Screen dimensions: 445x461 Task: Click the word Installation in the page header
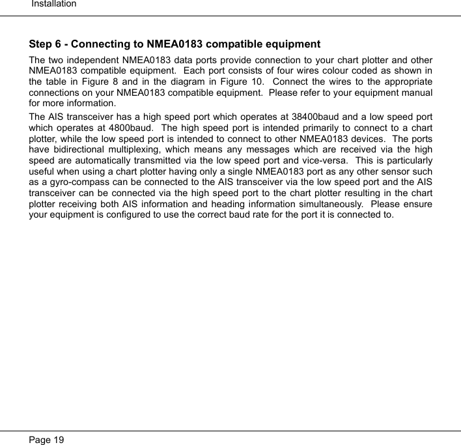(54, 4)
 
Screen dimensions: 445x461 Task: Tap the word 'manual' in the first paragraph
(415, 92)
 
